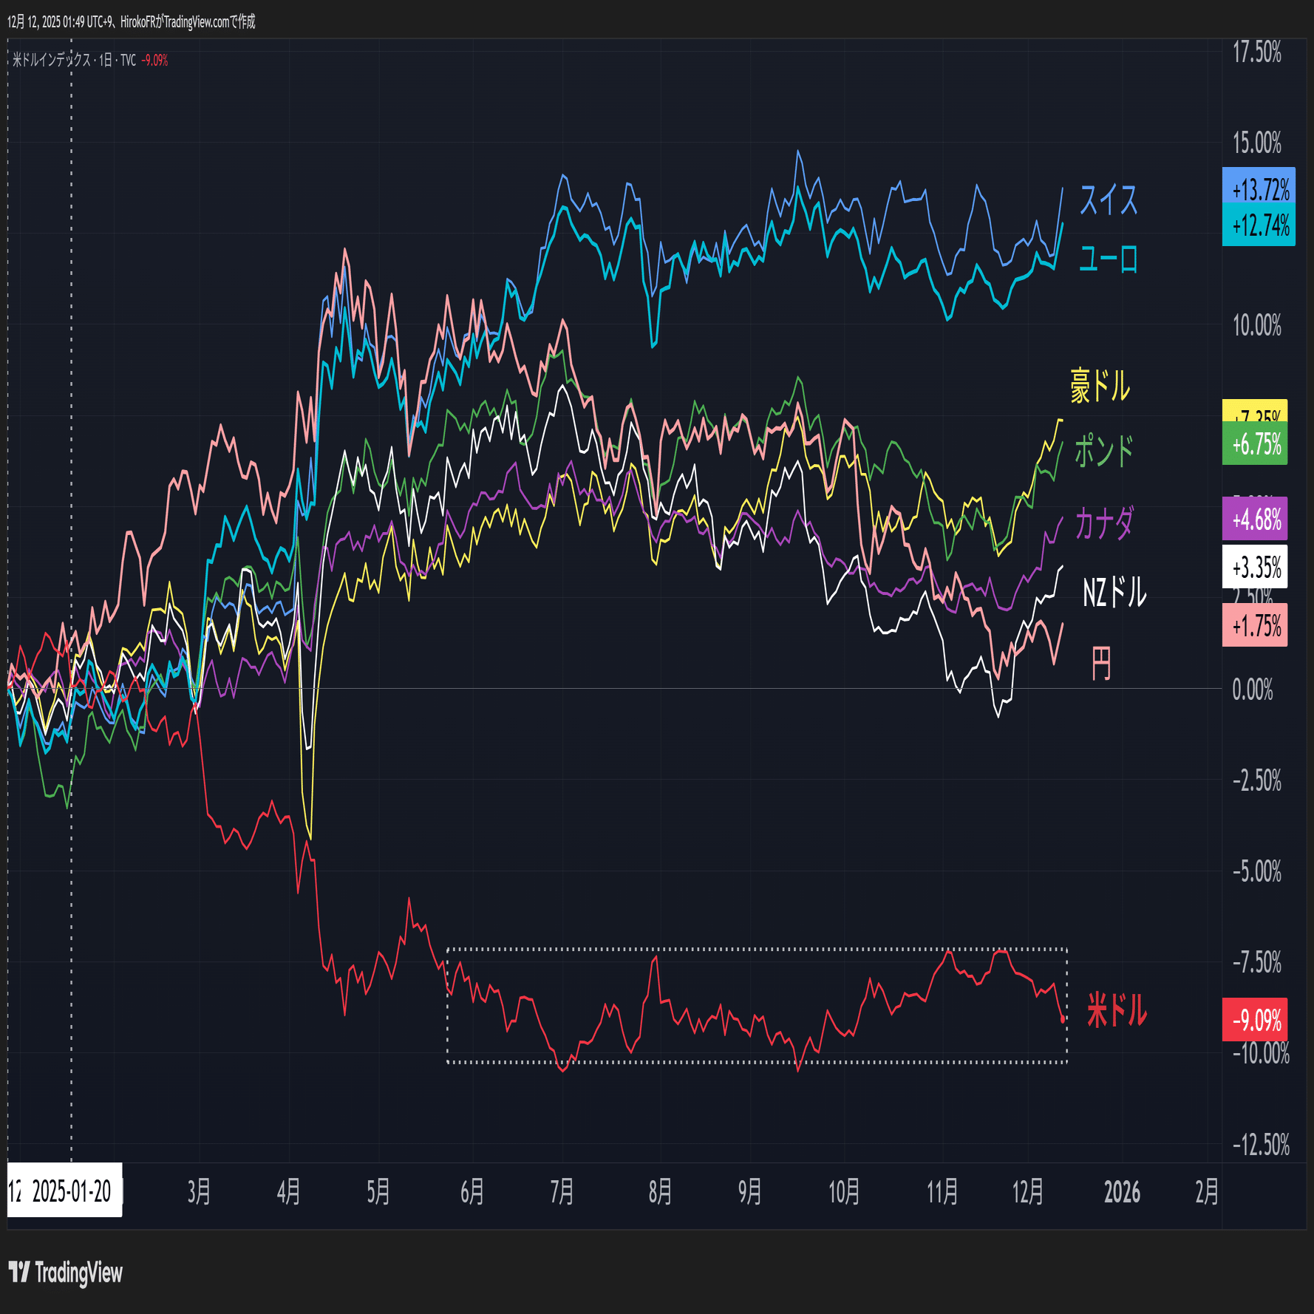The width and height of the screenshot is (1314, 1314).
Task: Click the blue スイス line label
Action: [x=1108, y=200]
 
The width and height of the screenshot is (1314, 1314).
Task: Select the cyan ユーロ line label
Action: [x=1108, y=259]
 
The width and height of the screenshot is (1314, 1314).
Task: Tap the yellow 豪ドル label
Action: [x=1100, y=386]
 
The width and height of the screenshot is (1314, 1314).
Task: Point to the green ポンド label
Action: [x=1103, y=450]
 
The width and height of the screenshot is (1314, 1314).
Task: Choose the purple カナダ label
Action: [x=1103, y=523]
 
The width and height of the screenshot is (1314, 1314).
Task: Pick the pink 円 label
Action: [x=1100, y=663]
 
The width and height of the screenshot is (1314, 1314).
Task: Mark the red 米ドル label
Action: [x=1116, y=1010]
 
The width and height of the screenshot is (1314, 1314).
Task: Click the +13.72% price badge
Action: [x=1259, y=188]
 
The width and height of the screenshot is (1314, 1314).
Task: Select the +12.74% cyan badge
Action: [x=1259, y=225]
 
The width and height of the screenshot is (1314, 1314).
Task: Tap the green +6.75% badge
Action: [x=1255, y=444]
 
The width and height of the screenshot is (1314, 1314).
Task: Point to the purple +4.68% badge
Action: [x=1255, y=519]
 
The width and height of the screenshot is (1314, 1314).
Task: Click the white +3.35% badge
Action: [x=1255, y=567]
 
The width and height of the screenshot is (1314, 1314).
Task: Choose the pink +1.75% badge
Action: [x=1255, y=626]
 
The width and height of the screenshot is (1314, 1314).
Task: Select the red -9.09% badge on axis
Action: [x=1255, y=1020]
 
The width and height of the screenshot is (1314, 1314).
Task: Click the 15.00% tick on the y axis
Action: [x=1256, y=143]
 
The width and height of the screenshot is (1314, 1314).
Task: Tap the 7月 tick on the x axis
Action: [x=562, y=1191]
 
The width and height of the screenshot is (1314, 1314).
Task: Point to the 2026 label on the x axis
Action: [x=1121, y=1191]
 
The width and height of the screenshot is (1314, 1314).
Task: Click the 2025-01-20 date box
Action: [x=66, y=1191]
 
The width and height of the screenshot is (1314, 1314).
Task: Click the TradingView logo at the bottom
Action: [x=66, y=1273]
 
